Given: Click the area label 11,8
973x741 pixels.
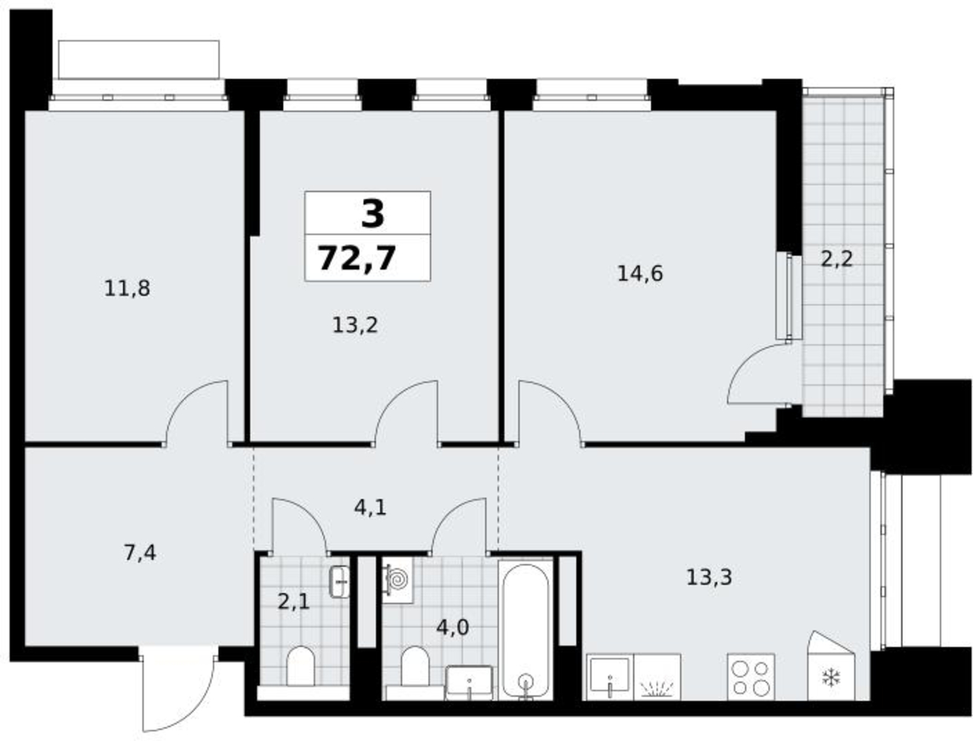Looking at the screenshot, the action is click(x=127, y=288).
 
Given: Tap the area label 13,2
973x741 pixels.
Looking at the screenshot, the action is click(x=355, y=325).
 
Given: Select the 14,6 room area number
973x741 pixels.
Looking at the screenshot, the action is click(x=640, y=273).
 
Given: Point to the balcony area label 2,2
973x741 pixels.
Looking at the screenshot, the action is click(x=837, y=259).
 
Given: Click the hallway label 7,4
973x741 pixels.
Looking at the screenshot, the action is click(x=140, y=553).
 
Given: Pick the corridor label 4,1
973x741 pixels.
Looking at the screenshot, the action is click(x=370, y=508).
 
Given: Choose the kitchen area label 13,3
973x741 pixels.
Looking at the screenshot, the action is click(x=708, y=577).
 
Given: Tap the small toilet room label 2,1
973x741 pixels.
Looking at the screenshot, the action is click(x=293, y=602).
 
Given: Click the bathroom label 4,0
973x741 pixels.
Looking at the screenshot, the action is click(x=453, y=627).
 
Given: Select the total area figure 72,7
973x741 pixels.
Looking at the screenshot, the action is click(x=357, y=259).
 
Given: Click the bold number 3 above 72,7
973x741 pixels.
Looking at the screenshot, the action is click(x=372, y=213).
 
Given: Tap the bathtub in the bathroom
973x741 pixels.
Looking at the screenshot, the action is click(x=525, y=631).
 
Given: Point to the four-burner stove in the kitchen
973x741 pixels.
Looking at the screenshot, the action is click(x=751, y=677).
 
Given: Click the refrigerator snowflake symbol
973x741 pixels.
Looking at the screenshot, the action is click(x=831, y=677).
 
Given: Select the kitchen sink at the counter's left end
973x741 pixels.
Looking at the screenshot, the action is click(x=609, y=677).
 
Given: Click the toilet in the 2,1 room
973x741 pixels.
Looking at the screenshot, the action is click(x=301, y=665).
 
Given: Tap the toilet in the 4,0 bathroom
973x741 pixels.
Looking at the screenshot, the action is click(x=415, y=665).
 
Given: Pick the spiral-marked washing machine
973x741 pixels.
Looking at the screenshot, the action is click(x=397, y=579).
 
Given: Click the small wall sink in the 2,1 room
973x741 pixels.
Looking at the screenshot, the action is click(x=339, y=582).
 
